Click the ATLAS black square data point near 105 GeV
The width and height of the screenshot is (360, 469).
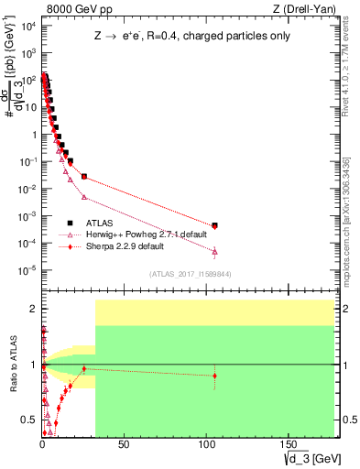214,225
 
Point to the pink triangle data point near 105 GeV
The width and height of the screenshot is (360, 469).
214,251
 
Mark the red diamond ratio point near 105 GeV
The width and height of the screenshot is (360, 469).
214,376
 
